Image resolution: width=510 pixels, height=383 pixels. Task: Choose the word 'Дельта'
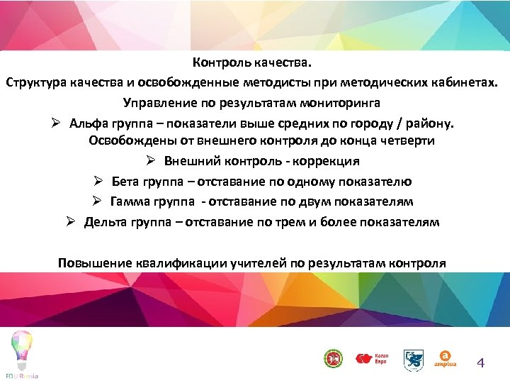[x=104, y=222]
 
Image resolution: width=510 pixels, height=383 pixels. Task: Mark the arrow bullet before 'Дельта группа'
[x=71, y=222]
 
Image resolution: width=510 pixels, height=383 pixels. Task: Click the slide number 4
[x=481, y=364]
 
